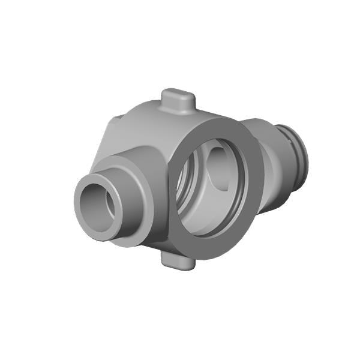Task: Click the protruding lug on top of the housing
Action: pos(178,103)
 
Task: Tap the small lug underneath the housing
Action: pos(178,260)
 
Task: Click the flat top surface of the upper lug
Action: pos(178,95)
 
